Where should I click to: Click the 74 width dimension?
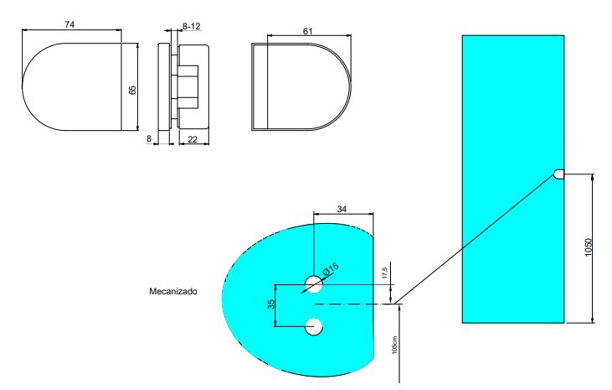[70, 25]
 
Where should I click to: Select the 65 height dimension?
[132, 88]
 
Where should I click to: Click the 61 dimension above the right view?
[308, 31]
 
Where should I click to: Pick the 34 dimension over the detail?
[341, 208]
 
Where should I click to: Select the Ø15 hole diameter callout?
[331, 269]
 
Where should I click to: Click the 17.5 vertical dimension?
[383, 273]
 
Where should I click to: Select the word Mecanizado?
[172, 292]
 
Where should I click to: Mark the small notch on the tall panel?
[558, 174]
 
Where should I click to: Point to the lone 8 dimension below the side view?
[149, 139]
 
